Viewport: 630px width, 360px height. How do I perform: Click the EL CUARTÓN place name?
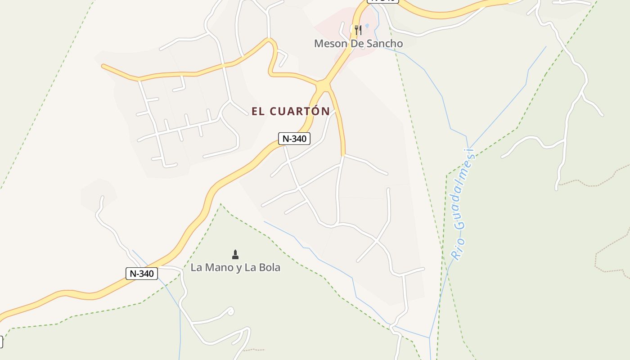tap(290, 111)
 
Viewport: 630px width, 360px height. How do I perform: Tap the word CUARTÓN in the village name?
tap(300, 111)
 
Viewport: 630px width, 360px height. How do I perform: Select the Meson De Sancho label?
tap(358, 44)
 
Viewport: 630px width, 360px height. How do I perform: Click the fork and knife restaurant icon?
tap(358, 30)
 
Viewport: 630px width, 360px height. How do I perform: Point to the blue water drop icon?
tap(367, 27)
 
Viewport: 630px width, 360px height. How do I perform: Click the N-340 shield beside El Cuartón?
tap(294, 139)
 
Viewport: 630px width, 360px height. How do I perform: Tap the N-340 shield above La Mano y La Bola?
tap(142, 273)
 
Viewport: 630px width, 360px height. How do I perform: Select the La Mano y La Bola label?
tap(235, 267)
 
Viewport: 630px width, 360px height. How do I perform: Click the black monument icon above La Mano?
tap(235, 255)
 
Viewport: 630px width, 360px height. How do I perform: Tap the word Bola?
tap(268, 267)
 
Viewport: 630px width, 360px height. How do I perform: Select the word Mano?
tap(220, 267)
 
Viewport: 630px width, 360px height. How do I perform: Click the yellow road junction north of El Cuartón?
tap(323, 85)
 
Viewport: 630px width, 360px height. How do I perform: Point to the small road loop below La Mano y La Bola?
tap(230, 311)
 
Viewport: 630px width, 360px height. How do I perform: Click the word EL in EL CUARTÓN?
tap(258, 111)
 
